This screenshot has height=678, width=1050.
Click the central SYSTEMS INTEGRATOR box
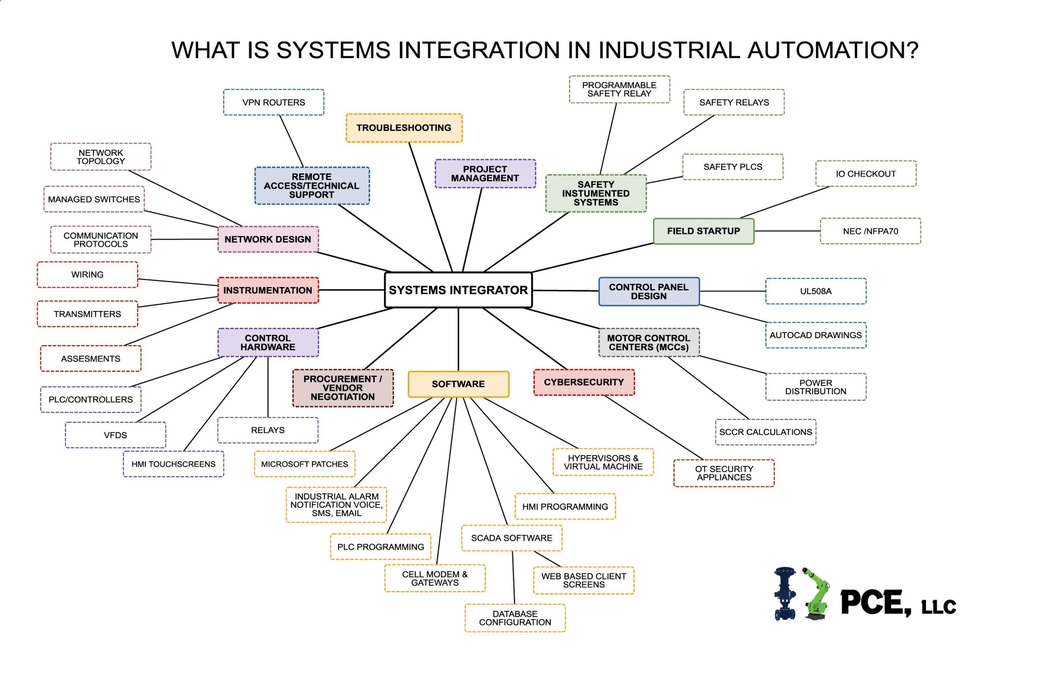pyautogui.click(x=458, y=290)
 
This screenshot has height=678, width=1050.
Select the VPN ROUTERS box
pyautogui.click(x=273, y=102)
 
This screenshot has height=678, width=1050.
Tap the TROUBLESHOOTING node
pyautogui.click(x=404, y=128)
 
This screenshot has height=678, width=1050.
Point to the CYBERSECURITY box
pyautogui.click(x=583, y=382)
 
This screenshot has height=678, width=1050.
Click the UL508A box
pyautogui.click(x=815, y=291)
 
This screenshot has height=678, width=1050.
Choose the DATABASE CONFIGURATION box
pyautogui.click(x=515, y=618)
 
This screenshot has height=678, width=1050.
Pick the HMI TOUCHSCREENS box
pyautogui.click(x=173, y=463)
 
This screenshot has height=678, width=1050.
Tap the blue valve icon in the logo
pyautogui.click(x=785, y=594)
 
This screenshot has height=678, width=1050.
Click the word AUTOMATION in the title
pyautogui.click(x=832, y=50)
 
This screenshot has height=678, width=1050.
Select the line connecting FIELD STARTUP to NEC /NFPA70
pyautogui.click(x=787, y=231)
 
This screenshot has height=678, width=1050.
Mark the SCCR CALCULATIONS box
pyautogui.click(x=766, y=432)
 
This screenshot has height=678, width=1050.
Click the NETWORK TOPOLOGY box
pyautogui.click(x=101, y=157)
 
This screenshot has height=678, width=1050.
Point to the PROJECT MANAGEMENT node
pyautogui.click(x=485, y=173)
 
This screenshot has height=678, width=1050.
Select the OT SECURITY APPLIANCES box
pyautogui.click(x=724, y=473)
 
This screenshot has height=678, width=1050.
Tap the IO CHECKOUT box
pyautogui.click(x=866, y=173)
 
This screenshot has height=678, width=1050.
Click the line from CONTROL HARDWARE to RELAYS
pyautogui.click(x=268, y=387)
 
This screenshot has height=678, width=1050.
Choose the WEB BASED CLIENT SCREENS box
pyautogui.click(x=583, y=580)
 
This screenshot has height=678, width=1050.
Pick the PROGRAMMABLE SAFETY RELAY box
pyautogui.click(x=619, y=89)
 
